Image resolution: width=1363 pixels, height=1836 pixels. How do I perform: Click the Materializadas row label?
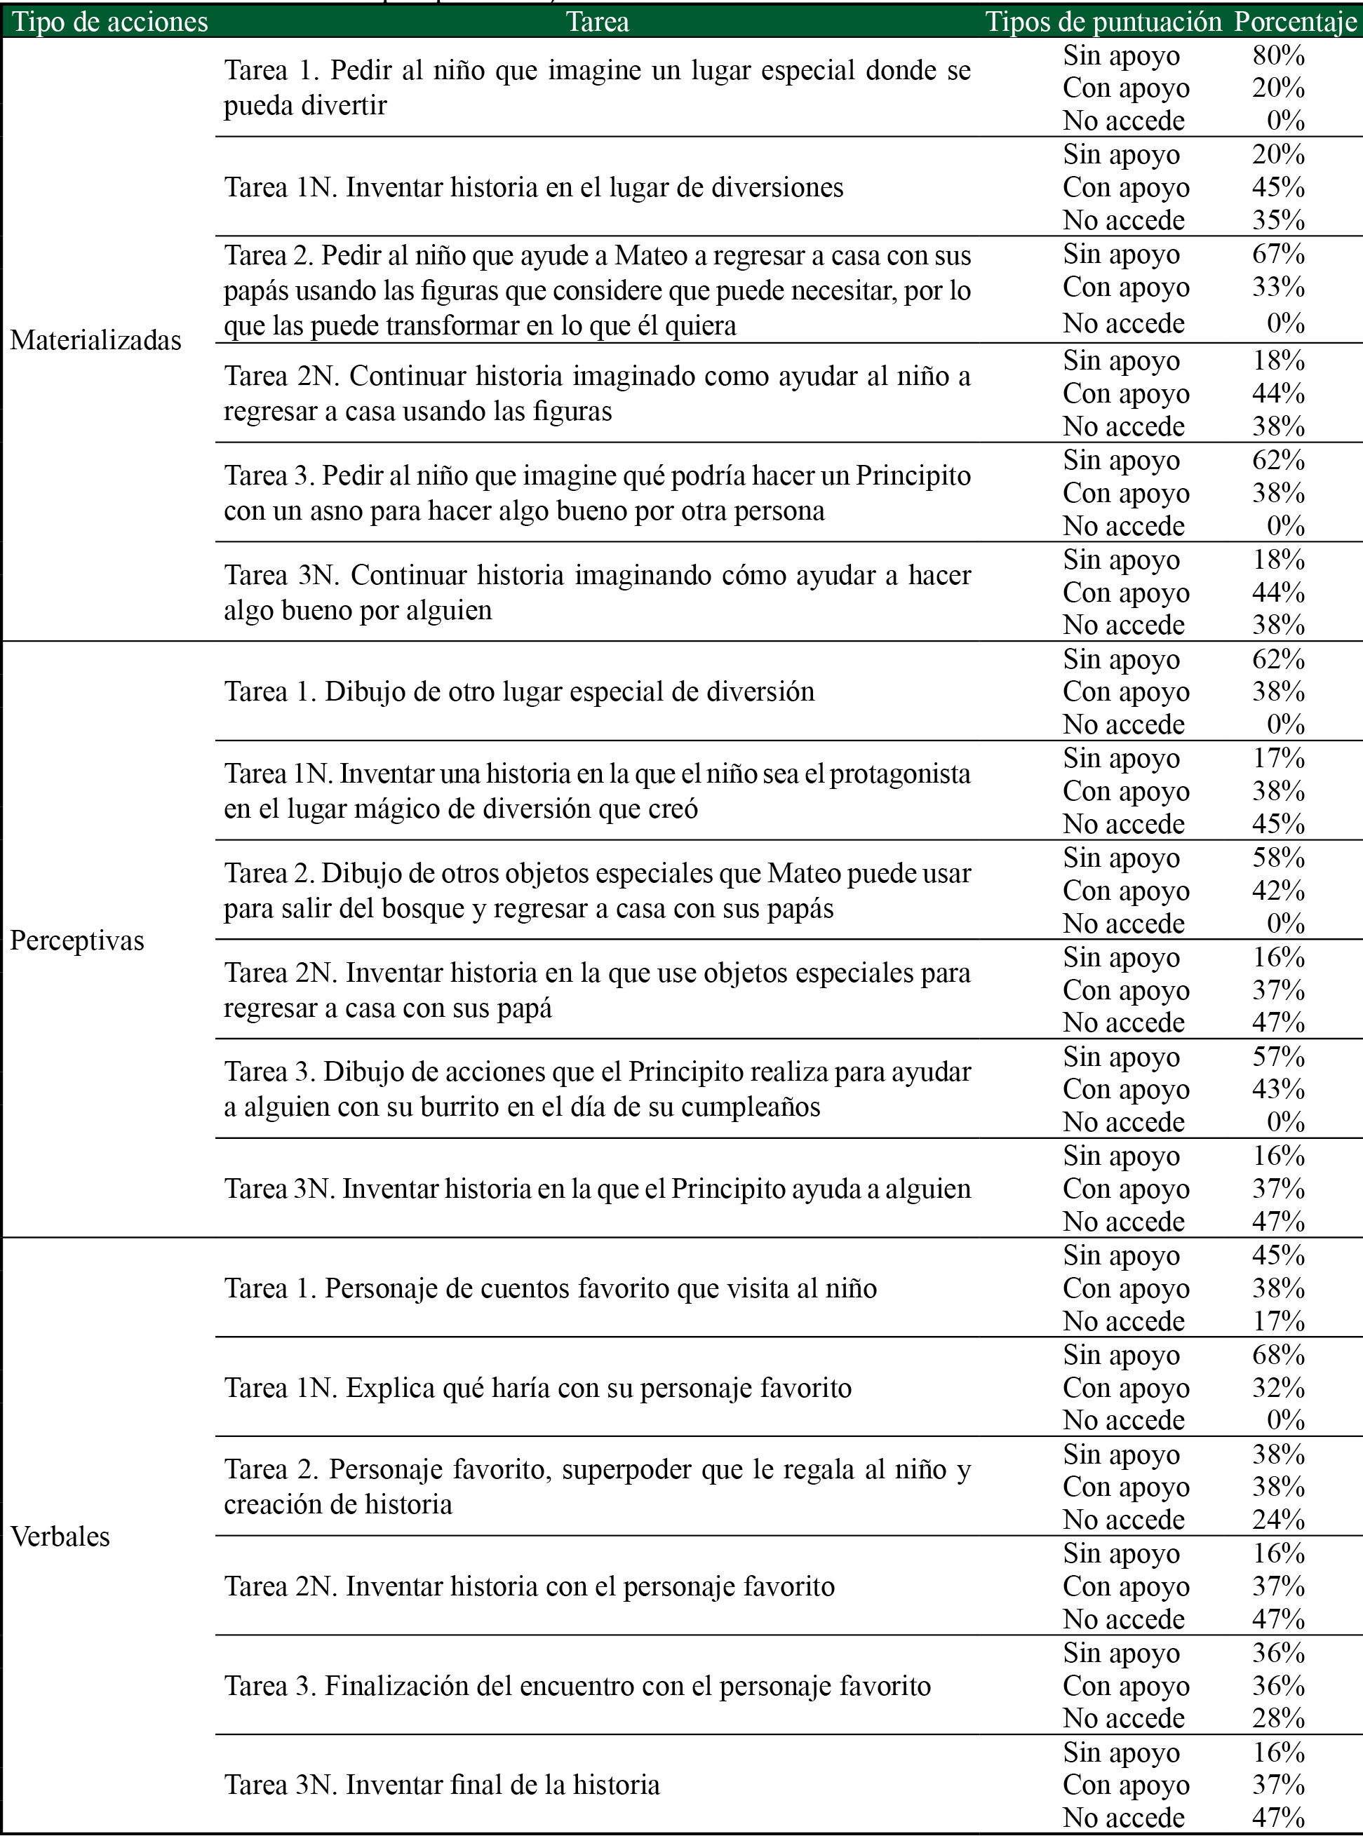click(95, 340)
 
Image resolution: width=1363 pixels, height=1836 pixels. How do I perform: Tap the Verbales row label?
click(60, 1537)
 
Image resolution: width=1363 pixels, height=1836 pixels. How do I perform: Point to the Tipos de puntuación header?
click(1103, 22)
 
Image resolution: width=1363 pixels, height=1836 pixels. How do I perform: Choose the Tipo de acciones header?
click(109, 22)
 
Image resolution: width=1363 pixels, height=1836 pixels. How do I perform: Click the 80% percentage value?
click(1278, 55)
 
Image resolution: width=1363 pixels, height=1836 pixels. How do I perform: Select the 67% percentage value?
click(1278, 254)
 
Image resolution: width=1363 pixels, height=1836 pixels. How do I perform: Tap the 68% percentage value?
click(1278, 1354)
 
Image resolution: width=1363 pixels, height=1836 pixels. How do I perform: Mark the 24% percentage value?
click(1278, 1519)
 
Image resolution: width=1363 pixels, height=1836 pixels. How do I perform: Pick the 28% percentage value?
click(1278, 1718)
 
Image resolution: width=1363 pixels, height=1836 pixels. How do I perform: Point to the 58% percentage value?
click(1278, 858)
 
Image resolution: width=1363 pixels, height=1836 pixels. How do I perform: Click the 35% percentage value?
click(1278, 220)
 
